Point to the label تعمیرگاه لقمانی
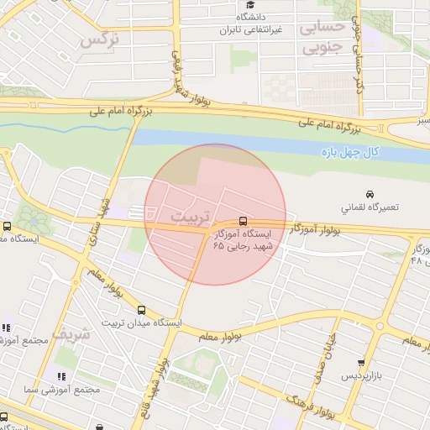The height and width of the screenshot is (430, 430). pos(370,207)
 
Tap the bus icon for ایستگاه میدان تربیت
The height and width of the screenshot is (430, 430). pos(140,310)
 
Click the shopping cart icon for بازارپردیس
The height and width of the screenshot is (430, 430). pos(361,363)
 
